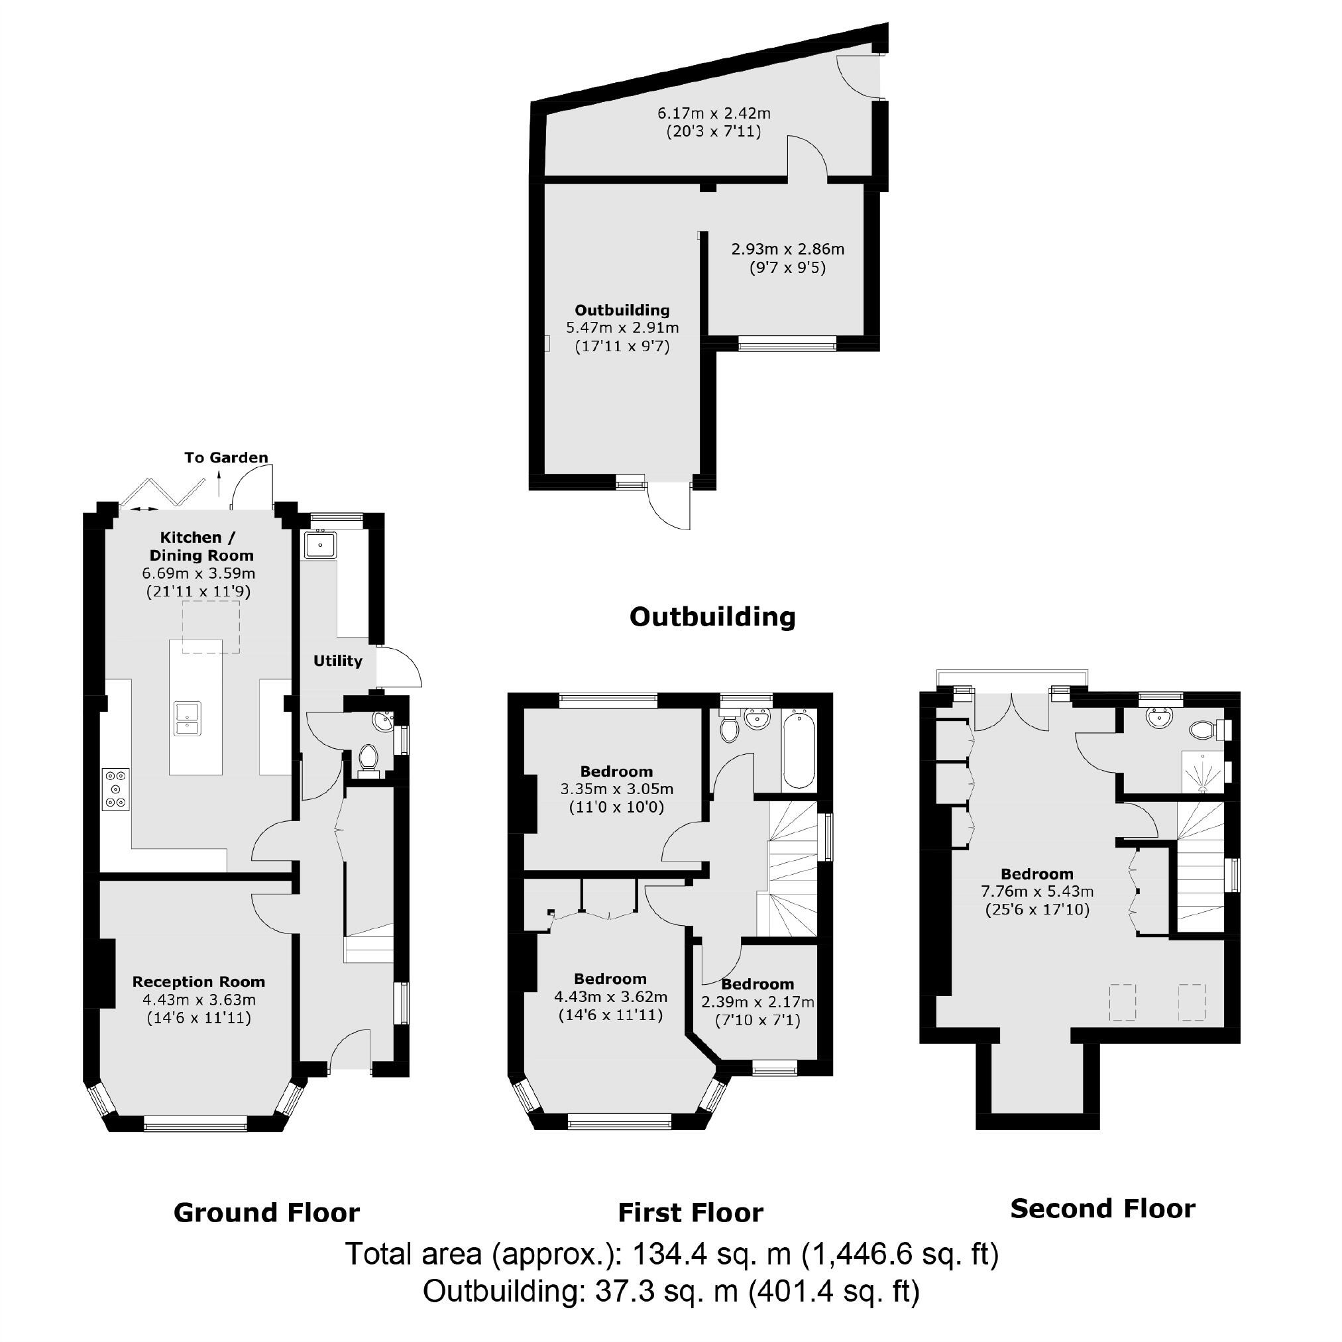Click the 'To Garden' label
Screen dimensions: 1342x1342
pyautogui.click(x=226, y=457)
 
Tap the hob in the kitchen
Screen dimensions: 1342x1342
pyautogui.click(x=116, y=789)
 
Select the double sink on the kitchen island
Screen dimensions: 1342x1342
pyautogui.click(x=188, y=718)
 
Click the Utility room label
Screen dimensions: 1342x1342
pyautogui.click(x=337, y=661)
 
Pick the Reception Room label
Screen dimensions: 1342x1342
pyautogui.click(x=199, y=981)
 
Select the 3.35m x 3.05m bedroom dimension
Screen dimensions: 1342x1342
pyautogui.click(x=616, y=789)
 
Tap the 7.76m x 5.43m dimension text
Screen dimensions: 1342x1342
pyautogui.click(x=1036, y=891)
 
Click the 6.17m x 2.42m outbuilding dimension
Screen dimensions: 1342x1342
pyautogui.click(x=713, y=113)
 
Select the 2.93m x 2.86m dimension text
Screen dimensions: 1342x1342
pyautogui.click(x=788, y=249)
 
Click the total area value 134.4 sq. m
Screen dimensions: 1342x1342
pyautogui.click(x=711, y=1255)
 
